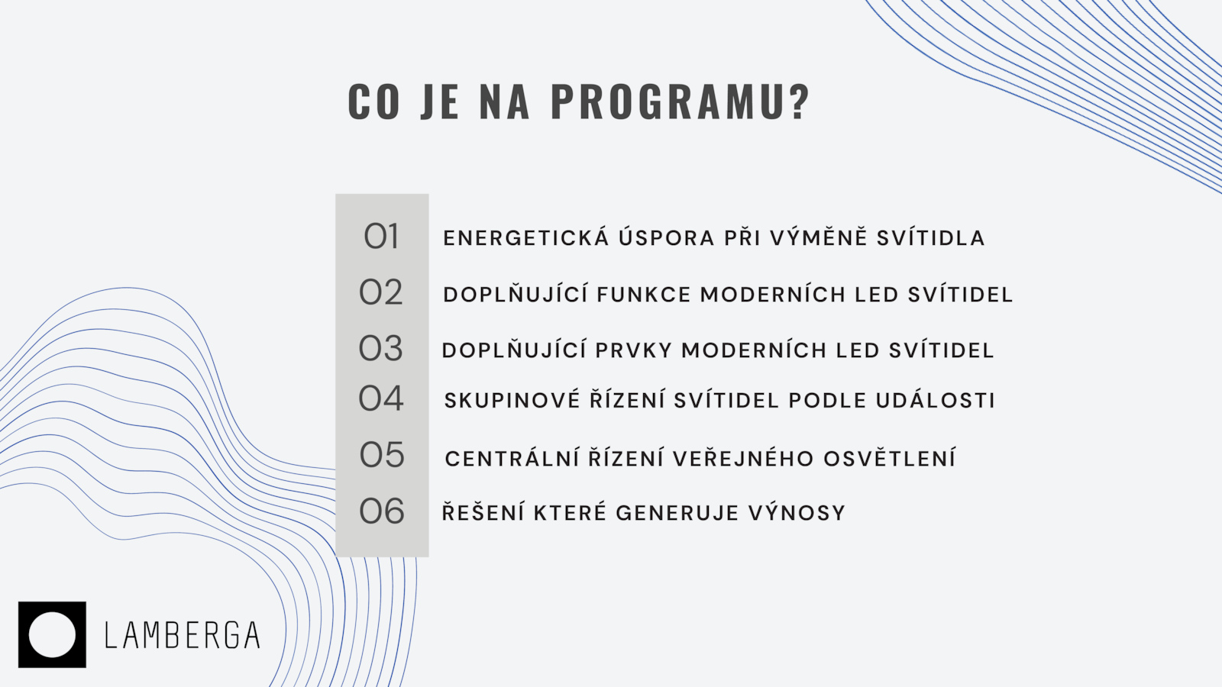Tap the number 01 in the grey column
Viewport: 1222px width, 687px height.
381,237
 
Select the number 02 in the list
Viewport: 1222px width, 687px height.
381,292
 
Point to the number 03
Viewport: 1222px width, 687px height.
381,348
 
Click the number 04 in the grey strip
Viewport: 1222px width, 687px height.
381,398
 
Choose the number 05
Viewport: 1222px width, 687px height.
382,455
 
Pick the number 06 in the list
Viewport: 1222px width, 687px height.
382,511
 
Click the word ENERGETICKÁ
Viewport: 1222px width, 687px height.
526,237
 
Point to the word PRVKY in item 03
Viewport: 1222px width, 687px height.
633,350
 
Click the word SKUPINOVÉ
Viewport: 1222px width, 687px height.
512,400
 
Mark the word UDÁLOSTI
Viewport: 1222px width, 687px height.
936,400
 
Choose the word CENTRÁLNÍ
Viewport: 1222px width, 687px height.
512,458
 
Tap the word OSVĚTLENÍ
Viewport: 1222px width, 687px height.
889,458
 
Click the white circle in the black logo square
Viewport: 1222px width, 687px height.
52,634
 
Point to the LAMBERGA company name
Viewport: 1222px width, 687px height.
183,635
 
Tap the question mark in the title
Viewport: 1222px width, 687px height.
799,102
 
